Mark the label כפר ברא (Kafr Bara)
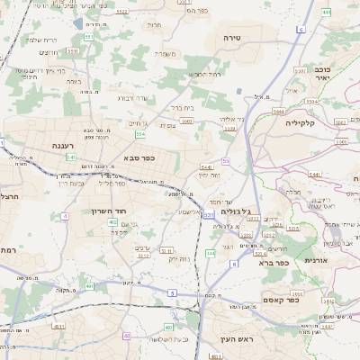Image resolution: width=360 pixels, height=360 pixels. [270, 264]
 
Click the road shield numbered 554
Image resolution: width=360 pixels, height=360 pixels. [140, 134]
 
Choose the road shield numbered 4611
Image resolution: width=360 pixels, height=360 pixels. [59, 328]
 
